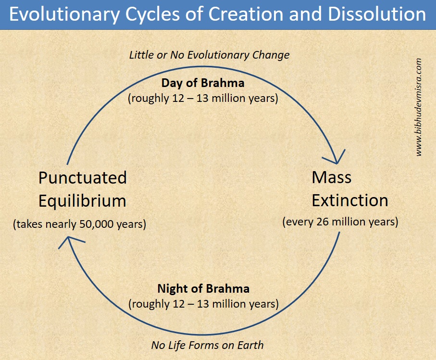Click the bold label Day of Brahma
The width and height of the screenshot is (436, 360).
tap(202, 83)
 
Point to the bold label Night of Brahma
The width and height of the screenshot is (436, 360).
tap(203, 289)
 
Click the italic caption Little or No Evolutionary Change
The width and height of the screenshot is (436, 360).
tap(209, 55)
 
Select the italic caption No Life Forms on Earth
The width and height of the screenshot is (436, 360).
tap(207, 345)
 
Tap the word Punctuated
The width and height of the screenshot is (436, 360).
tap(82, 178)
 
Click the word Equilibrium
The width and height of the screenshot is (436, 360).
tap(82, 200)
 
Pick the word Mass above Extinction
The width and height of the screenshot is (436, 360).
tap(331, 177)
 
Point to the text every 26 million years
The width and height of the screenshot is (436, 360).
tap(340, 223)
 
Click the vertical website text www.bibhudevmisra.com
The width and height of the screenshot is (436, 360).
tap(419, 107)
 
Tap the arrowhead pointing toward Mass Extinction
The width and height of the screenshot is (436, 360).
tap(339, 158)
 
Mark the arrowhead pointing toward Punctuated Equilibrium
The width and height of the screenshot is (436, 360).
tap(69, 240)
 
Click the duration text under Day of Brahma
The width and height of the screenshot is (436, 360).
tap(203, 99)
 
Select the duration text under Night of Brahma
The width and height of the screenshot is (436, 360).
tap(203, 304)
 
